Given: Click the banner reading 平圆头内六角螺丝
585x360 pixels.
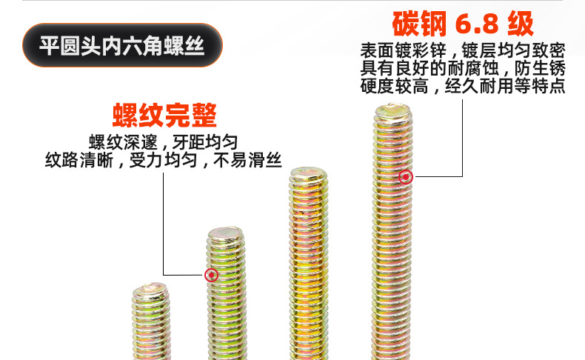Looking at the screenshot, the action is [122, 46].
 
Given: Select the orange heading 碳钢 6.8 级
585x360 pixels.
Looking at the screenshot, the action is [462, 24].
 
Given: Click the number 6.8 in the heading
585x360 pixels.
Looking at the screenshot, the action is [475, 24].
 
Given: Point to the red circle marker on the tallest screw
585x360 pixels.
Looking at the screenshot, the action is [405, 176].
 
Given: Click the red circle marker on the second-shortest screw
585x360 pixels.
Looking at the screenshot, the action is [211, 276].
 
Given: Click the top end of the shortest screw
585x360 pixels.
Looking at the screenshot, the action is [153, 290].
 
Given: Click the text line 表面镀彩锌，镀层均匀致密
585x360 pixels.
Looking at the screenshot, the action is [464, 52].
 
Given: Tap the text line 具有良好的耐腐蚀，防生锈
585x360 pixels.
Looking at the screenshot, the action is [464, 69].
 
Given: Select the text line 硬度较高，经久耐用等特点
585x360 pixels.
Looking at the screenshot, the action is [464, 86].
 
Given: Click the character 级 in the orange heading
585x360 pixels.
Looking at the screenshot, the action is [521, 24].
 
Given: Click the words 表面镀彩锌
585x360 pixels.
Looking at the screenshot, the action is [404, 52].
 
